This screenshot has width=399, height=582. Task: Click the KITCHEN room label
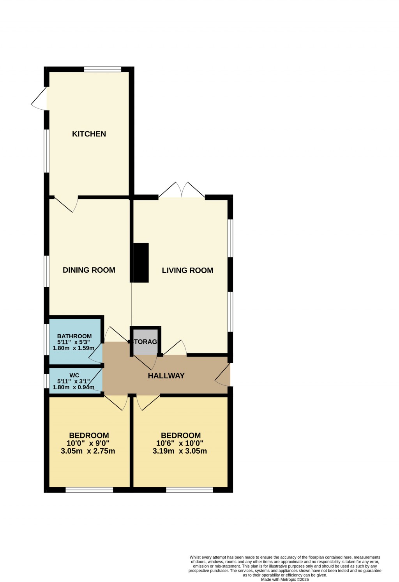(89, 134)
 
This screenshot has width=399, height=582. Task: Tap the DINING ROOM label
(89, 270)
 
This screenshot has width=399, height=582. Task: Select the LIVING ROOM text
(187, 270)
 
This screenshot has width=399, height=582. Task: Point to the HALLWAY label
(166, 376)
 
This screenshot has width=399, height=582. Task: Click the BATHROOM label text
(74, 336)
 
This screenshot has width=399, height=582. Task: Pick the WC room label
(74, 375)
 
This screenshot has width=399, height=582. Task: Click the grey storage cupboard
(145, 342)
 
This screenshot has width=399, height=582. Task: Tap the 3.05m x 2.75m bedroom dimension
(88, 451)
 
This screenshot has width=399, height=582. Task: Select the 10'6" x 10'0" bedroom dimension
(180, 443)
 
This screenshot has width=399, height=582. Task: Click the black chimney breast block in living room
(141, 263)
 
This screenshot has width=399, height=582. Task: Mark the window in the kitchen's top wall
(102, 69)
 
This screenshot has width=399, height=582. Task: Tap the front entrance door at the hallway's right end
(223, 375)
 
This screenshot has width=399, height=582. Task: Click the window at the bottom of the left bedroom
(89, 490)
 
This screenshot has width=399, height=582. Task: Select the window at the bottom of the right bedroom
(189, 490)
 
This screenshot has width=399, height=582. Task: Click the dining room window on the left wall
(46, 271)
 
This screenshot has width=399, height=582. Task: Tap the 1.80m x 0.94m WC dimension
(74, 387)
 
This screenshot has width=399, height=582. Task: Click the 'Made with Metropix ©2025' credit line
(285, 580)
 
